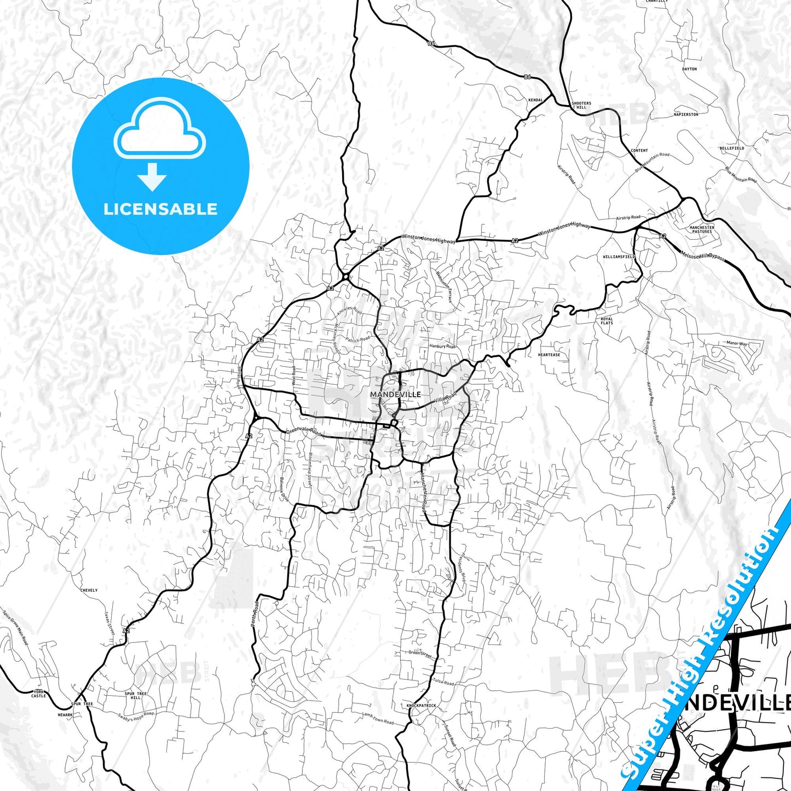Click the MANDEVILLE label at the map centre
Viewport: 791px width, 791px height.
[x=395, y=395]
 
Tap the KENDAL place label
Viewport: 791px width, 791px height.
[x=535, y=100]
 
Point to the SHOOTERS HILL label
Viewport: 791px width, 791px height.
[x=581, y=105]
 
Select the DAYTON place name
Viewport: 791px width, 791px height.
[x=689, y=70]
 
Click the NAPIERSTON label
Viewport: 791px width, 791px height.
[x=686, y=115]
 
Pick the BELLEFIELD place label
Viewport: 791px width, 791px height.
[x=732, y=148]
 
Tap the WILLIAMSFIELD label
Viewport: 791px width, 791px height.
[x=619, y=257]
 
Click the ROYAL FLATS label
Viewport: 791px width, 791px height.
[x=607, y=321]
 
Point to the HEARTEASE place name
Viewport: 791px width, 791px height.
[x=549, y=355]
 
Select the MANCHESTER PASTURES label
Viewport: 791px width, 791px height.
[x=702, y=229]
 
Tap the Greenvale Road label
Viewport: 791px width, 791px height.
[x=304, y=431]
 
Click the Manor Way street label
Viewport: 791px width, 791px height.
[x=736, y=344]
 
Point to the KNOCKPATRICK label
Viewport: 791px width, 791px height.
[x=422, y=706]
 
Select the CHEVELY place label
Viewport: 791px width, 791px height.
[x=89, y=590]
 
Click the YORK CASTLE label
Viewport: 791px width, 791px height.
[x=38, y=694]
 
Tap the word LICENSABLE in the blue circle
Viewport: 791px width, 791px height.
[x=160, y=209]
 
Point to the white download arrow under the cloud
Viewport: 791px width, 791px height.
[x=152, y=176]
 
